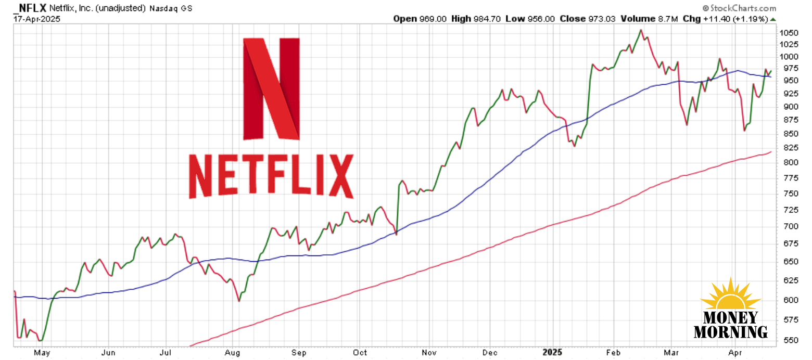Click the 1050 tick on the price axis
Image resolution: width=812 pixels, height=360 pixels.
click(x=789, y=32)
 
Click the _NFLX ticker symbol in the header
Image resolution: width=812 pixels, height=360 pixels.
click(x=30, y=8)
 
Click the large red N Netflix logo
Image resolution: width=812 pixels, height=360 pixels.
click(x=271, y=89)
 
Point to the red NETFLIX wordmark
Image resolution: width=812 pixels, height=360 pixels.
click(x=271, y=176)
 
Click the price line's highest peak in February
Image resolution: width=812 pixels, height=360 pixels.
click(x=641, y=30)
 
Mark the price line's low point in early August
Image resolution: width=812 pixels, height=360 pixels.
click(x=239, y=301)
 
